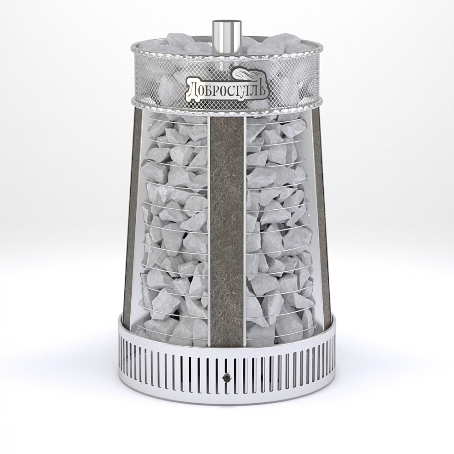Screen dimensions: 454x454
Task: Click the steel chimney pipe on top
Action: click(x=227, y=38)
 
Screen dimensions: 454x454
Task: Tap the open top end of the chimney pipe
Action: click(x=227, y=22)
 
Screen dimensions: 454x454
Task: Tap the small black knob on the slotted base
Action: click(x=226, y=378)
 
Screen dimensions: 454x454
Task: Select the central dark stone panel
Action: click(x=227, y=231)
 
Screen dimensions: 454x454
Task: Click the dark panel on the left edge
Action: click(x=131, y=214)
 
